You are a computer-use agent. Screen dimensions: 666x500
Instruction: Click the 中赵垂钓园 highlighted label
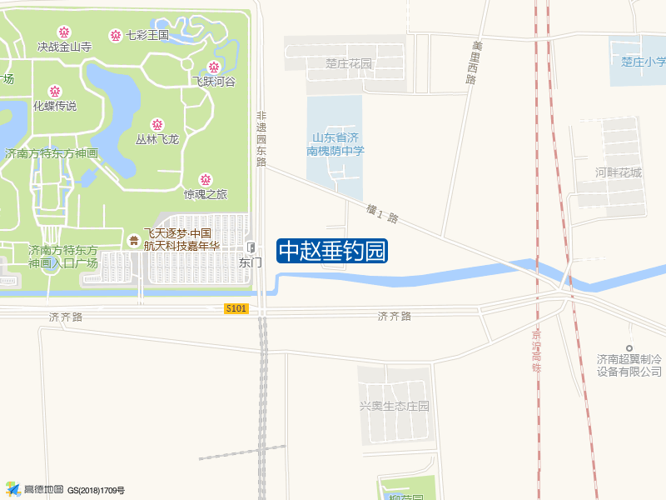pos(332,251)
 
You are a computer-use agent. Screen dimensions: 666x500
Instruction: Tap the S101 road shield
pos(236,308)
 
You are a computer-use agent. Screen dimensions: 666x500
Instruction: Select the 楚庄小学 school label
pos(644,61)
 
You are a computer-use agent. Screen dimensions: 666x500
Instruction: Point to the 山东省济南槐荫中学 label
pos(335,144)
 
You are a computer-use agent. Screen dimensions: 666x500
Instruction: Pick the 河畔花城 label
pos(619,172)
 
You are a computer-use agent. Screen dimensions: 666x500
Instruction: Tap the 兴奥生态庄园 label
pos(394,406)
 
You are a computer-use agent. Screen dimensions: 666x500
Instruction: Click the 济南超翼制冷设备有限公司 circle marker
pos(630,347)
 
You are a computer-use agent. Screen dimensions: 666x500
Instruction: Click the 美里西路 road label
pos(474,62)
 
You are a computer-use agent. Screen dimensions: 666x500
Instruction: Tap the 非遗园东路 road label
pos(261,139)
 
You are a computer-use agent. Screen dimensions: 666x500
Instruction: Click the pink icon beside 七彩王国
pos(116,35)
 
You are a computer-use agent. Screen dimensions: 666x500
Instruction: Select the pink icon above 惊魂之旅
pos(205,180)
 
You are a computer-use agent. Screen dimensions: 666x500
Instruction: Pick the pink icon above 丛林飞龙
pos(157,125)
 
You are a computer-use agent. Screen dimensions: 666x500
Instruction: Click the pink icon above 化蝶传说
pos(55,92)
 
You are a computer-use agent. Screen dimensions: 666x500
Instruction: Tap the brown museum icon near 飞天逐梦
pos(134,240)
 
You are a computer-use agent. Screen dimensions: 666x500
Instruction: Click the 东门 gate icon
pos(251,247)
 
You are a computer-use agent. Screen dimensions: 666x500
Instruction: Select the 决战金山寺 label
pos(64,47)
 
